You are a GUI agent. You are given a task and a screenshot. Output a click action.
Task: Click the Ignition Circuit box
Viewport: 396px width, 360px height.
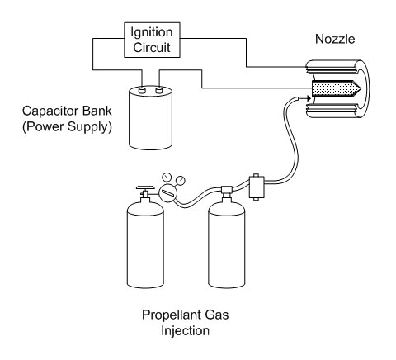point(152,40)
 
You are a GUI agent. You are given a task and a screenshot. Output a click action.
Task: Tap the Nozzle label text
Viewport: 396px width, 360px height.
point(335,39)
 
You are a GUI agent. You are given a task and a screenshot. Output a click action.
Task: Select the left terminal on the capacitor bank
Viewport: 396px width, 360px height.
point(142,90)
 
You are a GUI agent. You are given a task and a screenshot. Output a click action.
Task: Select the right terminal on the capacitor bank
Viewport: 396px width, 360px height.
point(159,90)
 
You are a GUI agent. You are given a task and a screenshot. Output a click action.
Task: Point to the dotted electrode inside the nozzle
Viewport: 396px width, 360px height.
point(333,89)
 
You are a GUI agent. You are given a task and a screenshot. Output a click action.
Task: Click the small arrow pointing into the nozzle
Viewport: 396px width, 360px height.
point(305,98)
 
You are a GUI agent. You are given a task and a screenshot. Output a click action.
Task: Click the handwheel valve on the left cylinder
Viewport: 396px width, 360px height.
point(145,188)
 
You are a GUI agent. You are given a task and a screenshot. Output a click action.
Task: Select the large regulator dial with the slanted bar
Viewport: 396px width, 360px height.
point(167,193)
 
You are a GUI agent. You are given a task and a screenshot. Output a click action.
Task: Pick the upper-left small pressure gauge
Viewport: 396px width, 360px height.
point(167,177)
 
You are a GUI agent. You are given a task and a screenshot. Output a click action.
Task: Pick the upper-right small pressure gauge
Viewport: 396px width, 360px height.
point(181,180)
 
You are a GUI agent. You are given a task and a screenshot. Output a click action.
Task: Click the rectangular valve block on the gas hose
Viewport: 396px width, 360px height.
point(257,187)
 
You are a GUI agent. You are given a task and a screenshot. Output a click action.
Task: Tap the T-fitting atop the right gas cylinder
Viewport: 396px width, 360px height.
point(227,191)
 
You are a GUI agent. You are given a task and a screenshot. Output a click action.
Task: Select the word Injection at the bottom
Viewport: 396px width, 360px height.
point(185,330)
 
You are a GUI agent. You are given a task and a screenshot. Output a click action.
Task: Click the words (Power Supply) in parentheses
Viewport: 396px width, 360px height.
point(67,127)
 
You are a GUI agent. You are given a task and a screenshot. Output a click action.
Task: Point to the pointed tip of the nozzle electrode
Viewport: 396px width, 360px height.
point(361,89)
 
